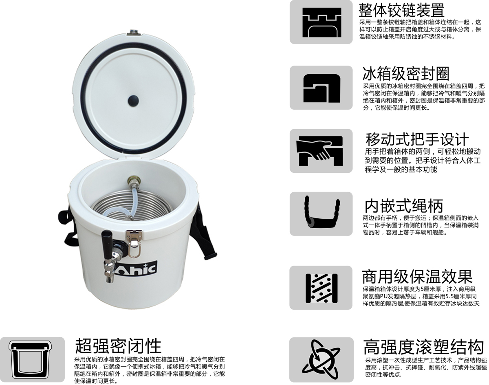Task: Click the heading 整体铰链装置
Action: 401,10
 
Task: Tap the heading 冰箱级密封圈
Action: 406,74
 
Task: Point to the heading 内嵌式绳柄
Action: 404,206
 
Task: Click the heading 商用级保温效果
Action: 417,277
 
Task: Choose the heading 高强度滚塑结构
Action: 423,347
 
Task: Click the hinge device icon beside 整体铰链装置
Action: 322,22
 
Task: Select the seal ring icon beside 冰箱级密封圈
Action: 322,88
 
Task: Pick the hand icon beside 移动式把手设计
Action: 319,151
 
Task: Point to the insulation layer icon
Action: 322,288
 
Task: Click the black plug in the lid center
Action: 133,100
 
